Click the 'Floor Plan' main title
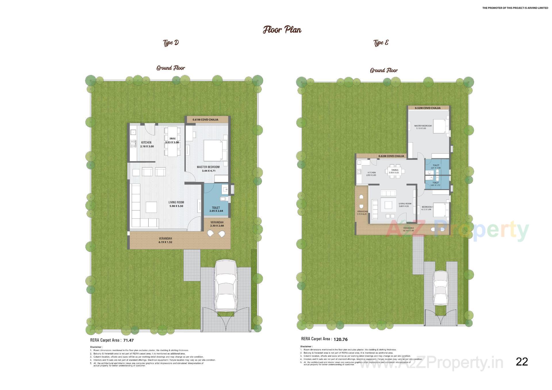[282, 30]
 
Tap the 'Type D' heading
[171, 43]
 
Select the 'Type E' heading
[381, 43]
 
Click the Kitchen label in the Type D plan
[146, 143]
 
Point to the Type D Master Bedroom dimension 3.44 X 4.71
[208, 171]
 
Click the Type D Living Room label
[176, 202]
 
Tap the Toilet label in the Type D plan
[216, 208]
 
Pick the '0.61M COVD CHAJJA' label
[205, 120]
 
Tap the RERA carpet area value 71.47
[129, 340]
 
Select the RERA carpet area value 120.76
[340, 339]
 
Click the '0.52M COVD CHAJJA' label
[428, 108]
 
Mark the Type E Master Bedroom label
[423, 126]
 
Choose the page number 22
[522, 362]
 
